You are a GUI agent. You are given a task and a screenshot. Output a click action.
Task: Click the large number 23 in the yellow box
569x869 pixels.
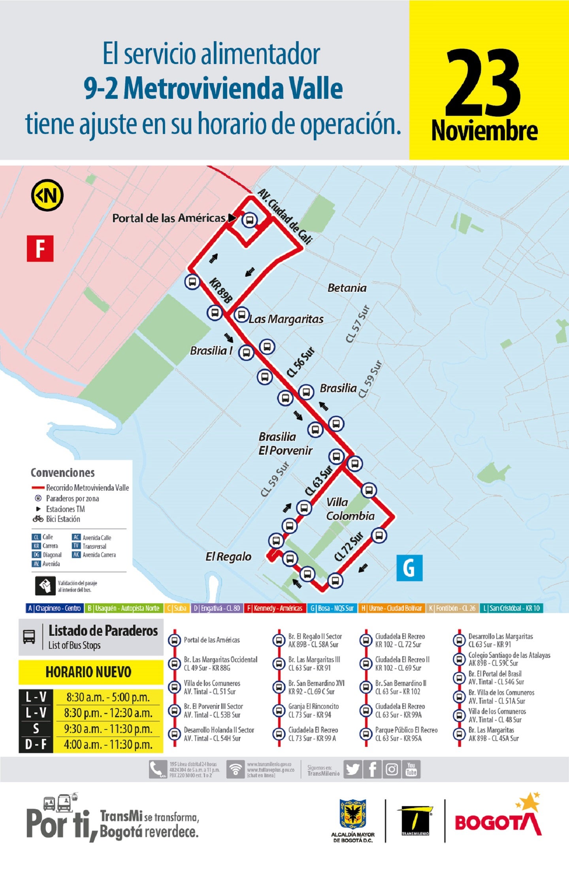pos(483,83)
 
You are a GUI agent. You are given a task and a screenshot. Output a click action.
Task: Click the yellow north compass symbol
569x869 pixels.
pos(47,195)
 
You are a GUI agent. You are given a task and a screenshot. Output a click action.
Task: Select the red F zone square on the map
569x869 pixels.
pos(40,248)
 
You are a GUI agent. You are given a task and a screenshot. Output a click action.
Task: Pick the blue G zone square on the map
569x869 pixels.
pos(409,568)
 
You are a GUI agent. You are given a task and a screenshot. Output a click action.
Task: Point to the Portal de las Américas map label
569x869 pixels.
pos(169,218)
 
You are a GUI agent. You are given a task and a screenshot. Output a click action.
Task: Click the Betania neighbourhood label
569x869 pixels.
pos(347,288)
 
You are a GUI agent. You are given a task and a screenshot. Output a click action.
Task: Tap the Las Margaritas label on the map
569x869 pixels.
pos(286,319)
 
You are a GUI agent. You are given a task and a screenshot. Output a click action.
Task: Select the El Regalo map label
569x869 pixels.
pos(228,557)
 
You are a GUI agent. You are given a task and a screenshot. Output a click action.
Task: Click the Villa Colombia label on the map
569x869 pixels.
pos(350,509)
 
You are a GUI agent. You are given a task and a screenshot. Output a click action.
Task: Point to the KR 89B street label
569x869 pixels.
pos(221,291)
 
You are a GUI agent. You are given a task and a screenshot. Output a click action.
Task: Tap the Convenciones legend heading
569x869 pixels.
pos(63,472)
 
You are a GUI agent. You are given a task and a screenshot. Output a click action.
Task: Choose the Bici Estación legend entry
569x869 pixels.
pos(62,519)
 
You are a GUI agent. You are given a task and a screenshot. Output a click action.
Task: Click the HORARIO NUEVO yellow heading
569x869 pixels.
pos(89,672)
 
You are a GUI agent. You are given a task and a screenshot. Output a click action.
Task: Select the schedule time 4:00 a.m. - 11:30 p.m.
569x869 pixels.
pos(108,745)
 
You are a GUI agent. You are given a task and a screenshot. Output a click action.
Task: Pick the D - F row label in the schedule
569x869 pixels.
pos(36,745)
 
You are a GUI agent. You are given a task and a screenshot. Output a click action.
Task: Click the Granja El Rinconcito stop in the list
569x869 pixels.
pos(313,710)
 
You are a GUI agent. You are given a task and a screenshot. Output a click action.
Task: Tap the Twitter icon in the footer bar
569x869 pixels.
pos(352,769)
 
